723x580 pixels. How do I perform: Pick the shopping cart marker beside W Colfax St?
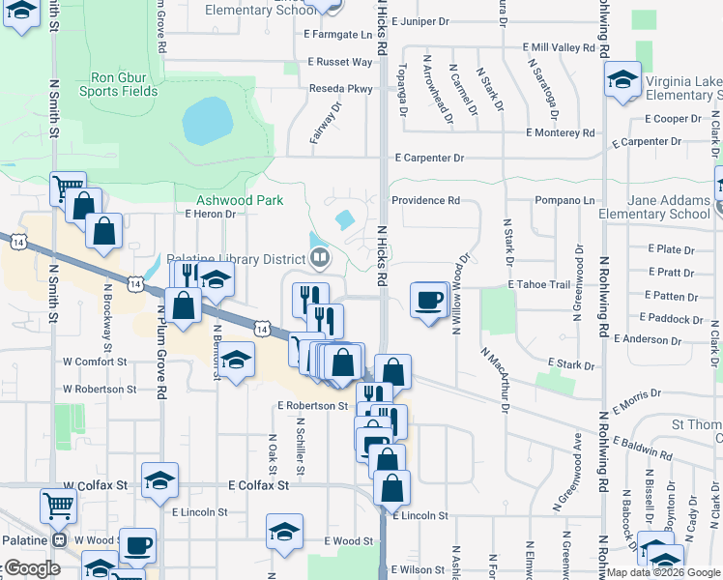click(x=59, y=504)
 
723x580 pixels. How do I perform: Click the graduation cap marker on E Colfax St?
click(x=160, y=479)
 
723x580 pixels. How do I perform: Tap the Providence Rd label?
click(x=424, y=201)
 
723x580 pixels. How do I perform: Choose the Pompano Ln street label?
click(x=562, y=201)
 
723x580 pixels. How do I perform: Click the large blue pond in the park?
click(x=207, y=120)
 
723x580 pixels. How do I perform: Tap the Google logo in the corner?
click(x=33, y=569)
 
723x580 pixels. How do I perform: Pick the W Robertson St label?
click(x=95, y=389)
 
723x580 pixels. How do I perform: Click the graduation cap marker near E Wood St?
click(x=283, y=531)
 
